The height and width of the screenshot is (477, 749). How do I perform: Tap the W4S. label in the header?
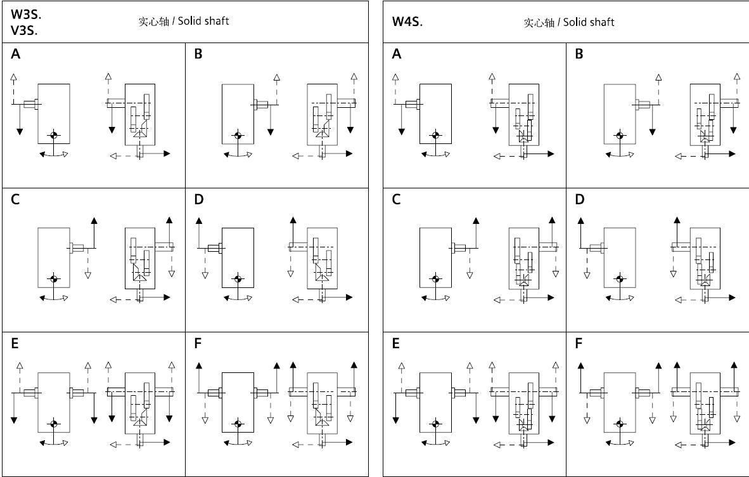(407, 22)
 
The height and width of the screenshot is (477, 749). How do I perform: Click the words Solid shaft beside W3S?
(202, 21)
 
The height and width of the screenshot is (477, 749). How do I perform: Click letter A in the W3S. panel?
(16, 55)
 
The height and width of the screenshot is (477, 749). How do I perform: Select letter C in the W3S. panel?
(15, 200)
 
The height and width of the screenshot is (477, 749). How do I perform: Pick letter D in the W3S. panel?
(199, 200)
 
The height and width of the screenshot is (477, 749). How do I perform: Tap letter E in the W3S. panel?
(15, 344)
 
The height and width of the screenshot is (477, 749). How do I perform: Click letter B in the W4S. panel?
(579, 55)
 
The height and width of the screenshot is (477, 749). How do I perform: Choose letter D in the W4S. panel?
(579, 200)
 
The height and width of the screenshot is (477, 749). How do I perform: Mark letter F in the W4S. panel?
(578, 344)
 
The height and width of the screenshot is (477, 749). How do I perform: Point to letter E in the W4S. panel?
(396, 344)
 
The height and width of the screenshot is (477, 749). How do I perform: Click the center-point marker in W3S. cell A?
(54, 135)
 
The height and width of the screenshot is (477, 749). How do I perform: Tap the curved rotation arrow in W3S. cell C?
(54, 299)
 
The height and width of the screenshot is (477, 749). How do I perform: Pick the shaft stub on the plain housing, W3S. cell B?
(260, 104)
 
